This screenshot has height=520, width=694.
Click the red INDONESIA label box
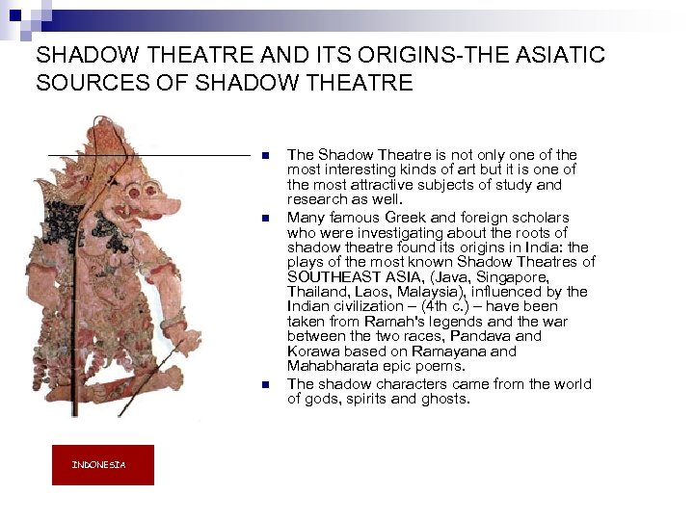(x=102, y=465)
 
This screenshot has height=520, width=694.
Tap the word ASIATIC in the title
(x=555, y=55)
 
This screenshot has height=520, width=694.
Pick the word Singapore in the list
(x=518, y=276)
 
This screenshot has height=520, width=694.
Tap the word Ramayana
(x=453, y=351)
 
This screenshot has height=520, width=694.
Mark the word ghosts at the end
(x=443, y=399)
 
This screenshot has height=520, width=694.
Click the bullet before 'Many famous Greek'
(x=263, y=219)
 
